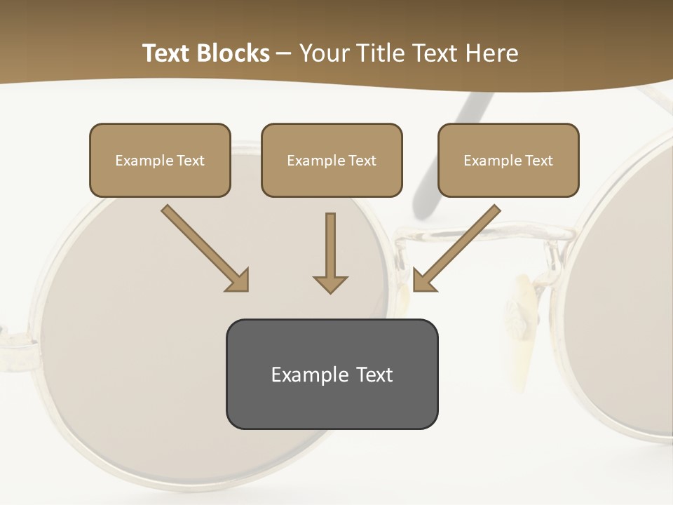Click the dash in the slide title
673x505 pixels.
pyautogui.click(x=284, y=53)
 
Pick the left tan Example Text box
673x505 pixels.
pyautogui.click(x=160, y=160)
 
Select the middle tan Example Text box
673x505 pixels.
pyautogui.click(x=332, y=160)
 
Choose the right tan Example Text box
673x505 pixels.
pyautogui.click(x=508, y=160)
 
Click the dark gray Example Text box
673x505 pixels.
pyautogui.click(x=332, y=374)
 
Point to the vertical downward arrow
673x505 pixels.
pyautogui.click(x=330, y=249)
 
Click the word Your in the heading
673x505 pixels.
pyautogui.click(x=322, y=53)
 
